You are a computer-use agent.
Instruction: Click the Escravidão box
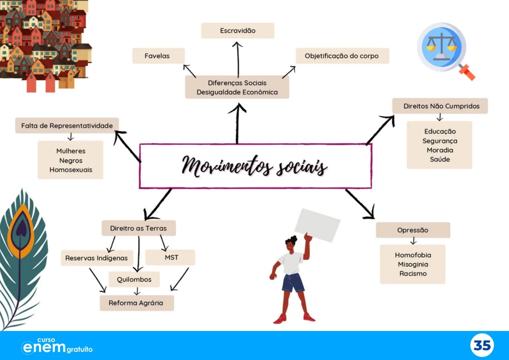237,31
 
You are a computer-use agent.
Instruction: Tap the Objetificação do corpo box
342,56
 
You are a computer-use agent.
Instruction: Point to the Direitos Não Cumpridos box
440,106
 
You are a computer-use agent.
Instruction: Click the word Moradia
440,150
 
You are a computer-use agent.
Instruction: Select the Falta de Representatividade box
67,126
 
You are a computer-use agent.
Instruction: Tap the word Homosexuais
71,170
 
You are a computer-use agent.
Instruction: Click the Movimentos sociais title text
255,166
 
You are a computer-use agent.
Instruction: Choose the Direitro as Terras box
138,228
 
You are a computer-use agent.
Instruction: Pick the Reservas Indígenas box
96,258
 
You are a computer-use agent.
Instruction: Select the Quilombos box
134,279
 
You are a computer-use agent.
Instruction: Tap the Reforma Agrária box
136,303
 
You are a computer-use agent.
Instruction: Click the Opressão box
413,230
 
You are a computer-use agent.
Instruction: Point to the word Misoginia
413,264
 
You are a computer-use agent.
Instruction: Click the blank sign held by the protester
317,225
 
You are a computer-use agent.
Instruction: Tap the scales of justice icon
441,47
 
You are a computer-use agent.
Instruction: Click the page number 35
482,345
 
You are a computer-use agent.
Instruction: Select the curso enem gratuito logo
57,346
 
